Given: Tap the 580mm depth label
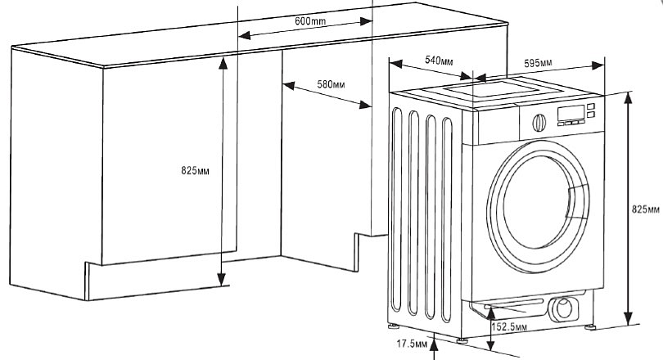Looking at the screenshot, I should click(330, 84).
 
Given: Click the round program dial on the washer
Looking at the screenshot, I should click(539, 123).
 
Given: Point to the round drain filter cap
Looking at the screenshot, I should click(565, 309).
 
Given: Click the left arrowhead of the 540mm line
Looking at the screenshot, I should click(391, 62).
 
